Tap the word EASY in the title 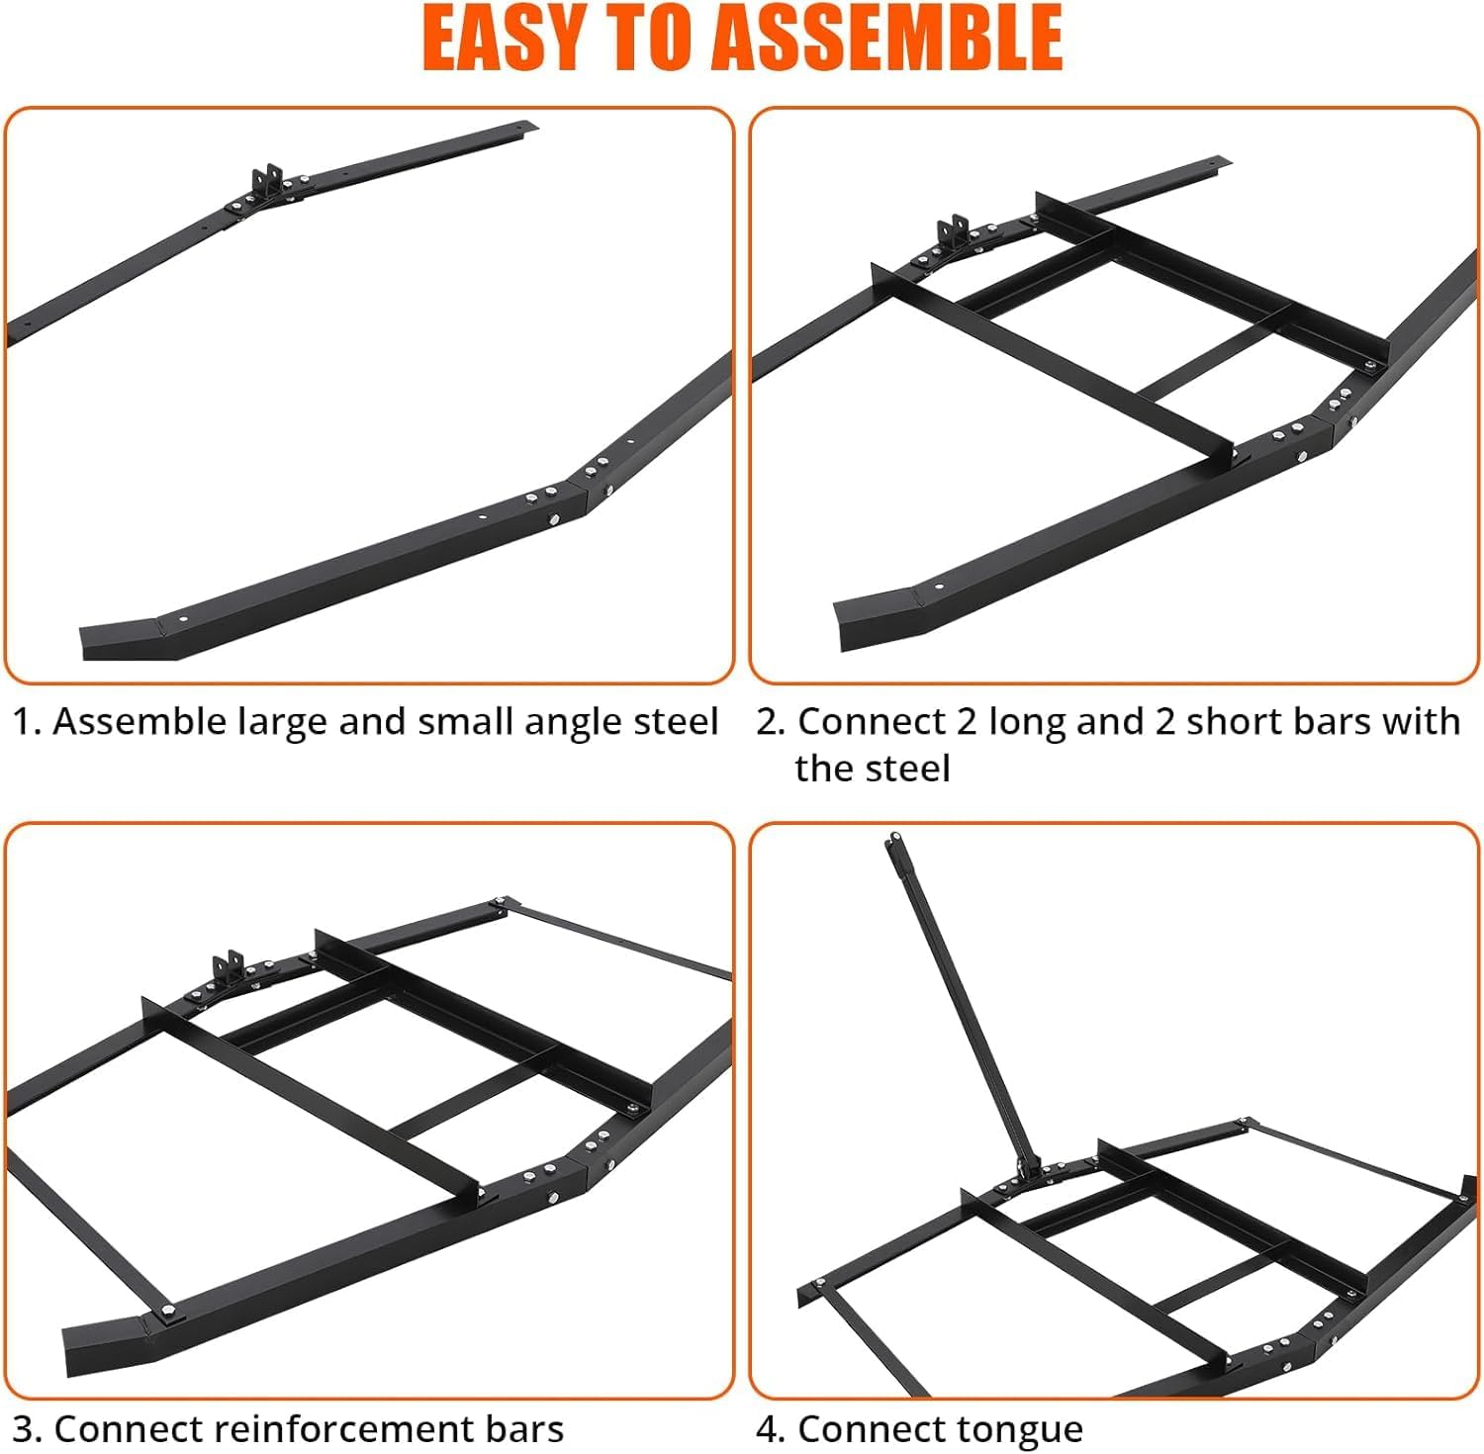coord(509,39)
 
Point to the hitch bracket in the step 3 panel coord(229,966)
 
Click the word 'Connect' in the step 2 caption coord(872,722)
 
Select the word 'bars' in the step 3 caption coord(524,1429)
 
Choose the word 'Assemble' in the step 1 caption coord(139,722)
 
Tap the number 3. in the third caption coord(27,1429)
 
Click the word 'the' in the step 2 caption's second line coord(823,769)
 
